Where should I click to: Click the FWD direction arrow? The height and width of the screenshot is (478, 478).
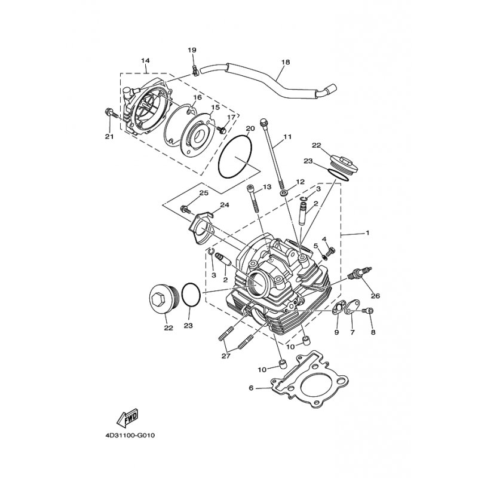[x=127, y=416]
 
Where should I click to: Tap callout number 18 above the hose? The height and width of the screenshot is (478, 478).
[x=285, y=62]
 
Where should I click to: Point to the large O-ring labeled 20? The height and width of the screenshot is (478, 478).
[x=237, y=157]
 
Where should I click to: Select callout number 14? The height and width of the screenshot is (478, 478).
[x=145, y=62]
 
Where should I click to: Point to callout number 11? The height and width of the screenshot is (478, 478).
[x=287, y=137]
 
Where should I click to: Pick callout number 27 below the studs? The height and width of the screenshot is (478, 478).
[x=225, y=356]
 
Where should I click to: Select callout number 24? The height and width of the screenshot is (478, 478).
[x=224, y=205]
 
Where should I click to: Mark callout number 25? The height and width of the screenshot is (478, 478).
[x=203, y=193]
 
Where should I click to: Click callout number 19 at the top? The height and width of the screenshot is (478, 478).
[x=192, y=50]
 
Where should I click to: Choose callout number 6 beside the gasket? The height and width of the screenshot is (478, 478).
[x=250, y=388]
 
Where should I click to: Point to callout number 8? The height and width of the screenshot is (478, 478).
[x=373, y=332]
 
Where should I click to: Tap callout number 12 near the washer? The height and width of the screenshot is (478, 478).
[x=300, y=182]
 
